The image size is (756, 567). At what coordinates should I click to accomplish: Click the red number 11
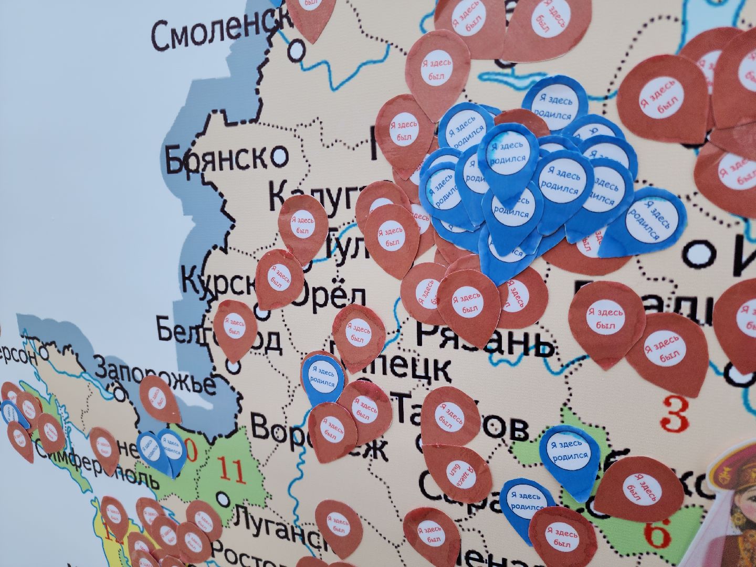(232, 471)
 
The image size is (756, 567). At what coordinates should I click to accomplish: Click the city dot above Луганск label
(225, 496)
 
